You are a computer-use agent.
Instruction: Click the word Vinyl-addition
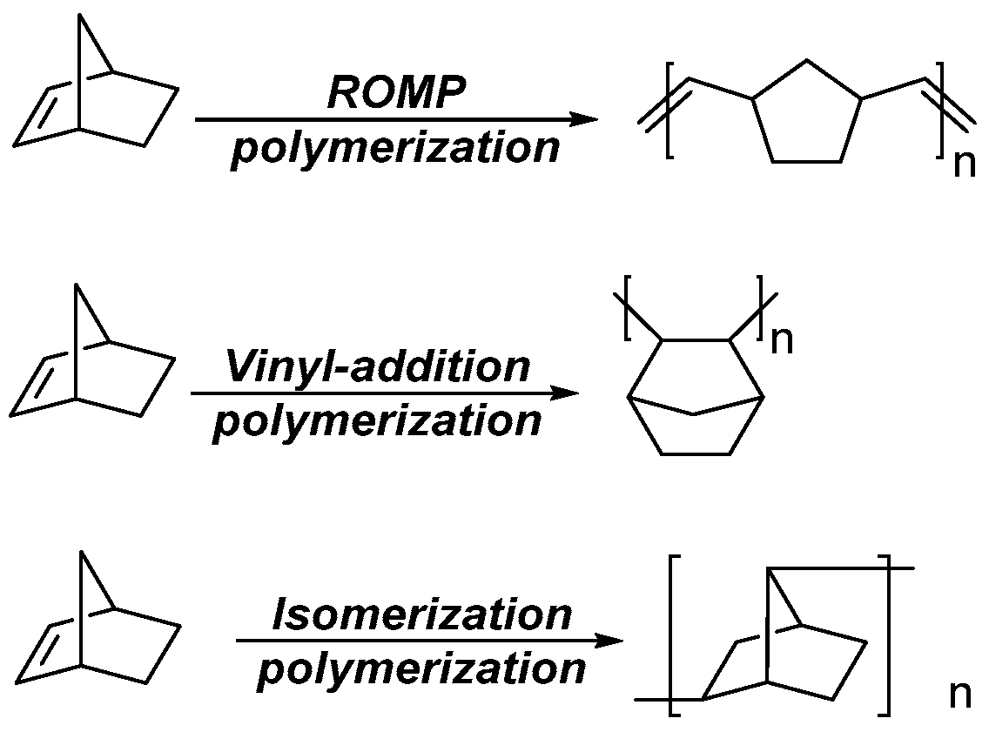pyautogui.click(x=377, y=367)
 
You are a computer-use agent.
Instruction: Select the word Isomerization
pyautogui.click(x=422, y=615)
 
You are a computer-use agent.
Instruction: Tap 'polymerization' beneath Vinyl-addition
pyautogui.click(x=377, y=422)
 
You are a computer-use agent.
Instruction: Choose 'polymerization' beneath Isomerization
pyautogui.click(x=422, y=670)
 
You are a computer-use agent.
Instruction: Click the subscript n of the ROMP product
pyautogui.click(x=965, y=164)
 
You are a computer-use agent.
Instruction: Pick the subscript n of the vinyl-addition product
pyautogui.click(x=783, y=340)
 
